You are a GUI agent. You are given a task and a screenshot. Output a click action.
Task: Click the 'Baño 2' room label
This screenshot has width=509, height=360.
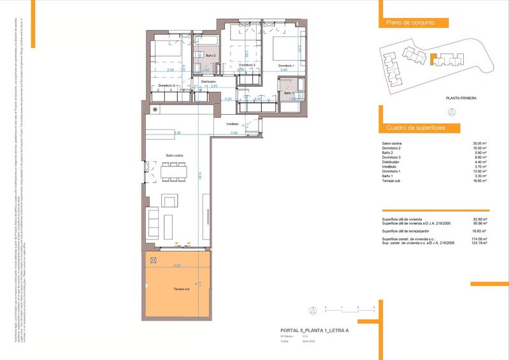tap(211, 56)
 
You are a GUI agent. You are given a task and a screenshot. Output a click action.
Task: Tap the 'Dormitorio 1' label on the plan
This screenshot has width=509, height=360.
tap(286, 66)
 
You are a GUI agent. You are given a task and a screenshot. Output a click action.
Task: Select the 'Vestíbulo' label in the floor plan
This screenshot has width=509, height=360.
tap(233, 124)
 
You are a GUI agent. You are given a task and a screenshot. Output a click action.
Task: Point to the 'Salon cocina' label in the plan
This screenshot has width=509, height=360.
tap(175, 155)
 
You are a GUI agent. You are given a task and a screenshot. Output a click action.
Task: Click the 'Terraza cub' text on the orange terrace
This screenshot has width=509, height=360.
tap(182, 289)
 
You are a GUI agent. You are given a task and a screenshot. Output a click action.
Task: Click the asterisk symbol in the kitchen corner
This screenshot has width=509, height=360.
tap(155, 109)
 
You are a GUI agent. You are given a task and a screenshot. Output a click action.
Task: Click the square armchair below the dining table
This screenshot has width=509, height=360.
tap(170, 202)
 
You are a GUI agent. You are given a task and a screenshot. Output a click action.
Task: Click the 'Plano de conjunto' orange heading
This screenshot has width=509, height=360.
tap(410, 22)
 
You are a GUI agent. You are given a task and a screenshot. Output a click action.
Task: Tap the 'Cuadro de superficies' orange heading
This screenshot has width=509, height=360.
tap(415, 128)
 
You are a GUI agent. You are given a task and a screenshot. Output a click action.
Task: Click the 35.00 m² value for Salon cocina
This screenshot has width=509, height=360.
tap(479, 144)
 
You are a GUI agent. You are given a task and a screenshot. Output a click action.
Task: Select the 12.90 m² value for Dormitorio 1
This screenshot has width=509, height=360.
tap(479, 171)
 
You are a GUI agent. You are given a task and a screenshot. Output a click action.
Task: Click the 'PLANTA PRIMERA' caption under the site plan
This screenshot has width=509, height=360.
tap(461, 98)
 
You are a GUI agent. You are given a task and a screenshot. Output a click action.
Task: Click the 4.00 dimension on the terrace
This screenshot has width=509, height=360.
tap(177, 265)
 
